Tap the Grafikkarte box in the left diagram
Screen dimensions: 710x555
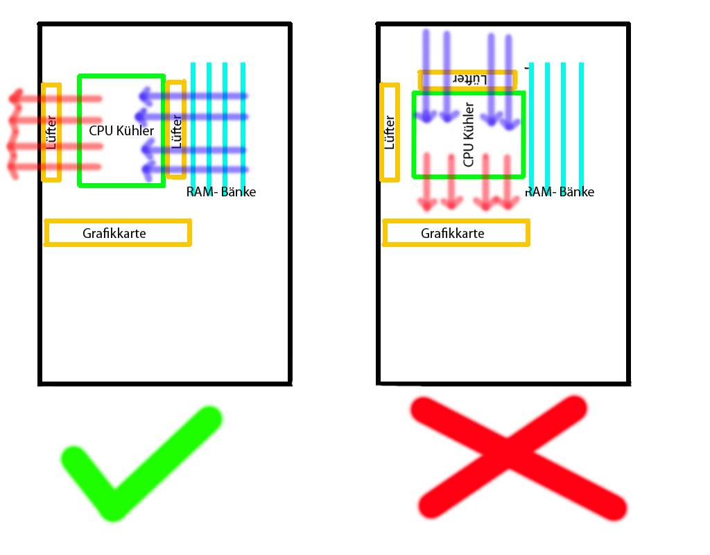tap(117, 233)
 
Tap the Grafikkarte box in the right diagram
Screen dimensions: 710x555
tap(456, 233)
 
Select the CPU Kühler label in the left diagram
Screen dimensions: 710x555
tap(121, 130)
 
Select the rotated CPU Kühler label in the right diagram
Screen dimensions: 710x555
tap(469, 135)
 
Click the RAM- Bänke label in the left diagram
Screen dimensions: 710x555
tap(221, 192)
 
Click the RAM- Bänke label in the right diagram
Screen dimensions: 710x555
tap(560, 192)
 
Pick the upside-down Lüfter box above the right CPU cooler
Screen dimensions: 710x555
tap(468, 80)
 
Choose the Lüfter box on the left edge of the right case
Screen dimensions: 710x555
tap(390, 133)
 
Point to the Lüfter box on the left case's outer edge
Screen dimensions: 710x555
tap(51, 133)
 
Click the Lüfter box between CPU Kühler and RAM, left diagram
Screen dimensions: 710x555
tap(176, 130)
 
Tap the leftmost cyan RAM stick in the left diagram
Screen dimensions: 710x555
tap(193, 118)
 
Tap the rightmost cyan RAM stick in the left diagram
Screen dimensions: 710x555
tap(243, 118)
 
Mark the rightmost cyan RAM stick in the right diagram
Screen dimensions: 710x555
tap(581, 118)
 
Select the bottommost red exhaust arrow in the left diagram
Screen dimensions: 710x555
tap(55, 166)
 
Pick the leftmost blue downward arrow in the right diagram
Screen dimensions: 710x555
tap(426, 76)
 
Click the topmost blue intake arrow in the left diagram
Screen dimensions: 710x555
tap(194, 95)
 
